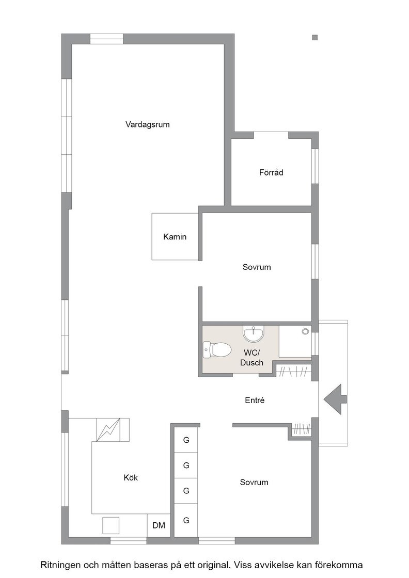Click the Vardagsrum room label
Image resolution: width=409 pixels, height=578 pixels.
tap(148, 124)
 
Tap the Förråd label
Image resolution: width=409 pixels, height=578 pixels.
tap(271, 172)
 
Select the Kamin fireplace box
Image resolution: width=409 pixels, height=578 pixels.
tap(175, 236)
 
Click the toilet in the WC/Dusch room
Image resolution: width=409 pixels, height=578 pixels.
tap(217, 350)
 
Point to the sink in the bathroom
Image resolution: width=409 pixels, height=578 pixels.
tap(254, 333)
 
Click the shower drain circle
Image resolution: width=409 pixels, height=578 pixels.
tap(305, 331)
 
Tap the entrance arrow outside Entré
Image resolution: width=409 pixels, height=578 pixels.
tap(335, 399)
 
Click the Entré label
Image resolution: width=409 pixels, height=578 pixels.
tap(255, 400)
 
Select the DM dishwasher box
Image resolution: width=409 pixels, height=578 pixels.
tap(159, 525)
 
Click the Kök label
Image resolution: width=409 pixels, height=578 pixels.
tap(131, 478)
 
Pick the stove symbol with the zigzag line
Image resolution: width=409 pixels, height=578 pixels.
tap(108, 429)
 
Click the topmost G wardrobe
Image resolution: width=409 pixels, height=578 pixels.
tap(186, 440)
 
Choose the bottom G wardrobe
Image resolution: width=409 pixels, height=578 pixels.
tap(186, 520)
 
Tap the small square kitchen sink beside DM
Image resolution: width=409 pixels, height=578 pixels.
tap(111, 525)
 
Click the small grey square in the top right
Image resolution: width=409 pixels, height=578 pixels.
tap(315, 37)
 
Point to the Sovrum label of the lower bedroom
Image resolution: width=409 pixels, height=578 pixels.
tap(254, 482)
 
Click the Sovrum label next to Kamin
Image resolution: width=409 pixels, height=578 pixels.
tap(257, 267)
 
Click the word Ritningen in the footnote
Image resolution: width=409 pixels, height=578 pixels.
tap(60, 565)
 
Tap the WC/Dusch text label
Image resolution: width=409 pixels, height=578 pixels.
tap(252, 358)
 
